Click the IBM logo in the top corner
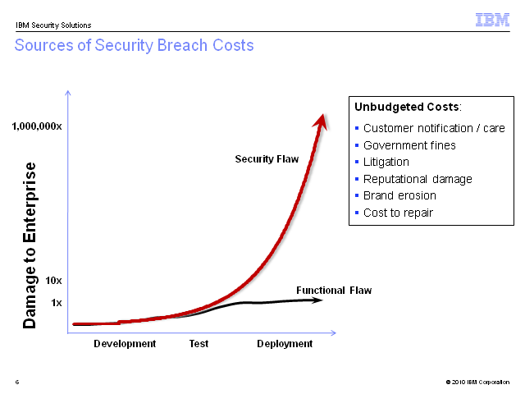[492, 20]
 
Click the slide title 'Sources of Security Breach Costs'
[135, 46]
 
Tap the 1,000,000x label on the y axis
[37, 126]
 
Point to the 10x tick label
[53, 281]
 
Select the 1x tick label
[57, 303]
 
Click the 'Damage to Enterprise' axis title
[30, 245]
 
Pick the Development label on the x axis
[125, 344]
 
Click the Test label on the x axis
[199, 343]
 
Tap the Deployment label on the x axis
[285, 344]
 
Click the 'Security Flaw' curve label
[267, 158]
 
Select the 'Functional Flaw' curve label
[334, 290]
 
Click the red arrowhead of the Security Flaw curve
[321, 122]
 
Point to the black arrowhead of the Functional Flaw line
[316, 300]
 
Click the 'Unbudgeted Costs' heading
[408, 107]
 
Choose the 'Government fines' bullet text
[409, 145]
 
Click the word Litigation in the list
[386, 163]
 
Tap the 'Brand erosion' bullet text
[399, 195]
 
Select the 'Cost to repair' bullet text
[398, 213]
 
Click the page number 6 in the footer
[17, 382]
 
